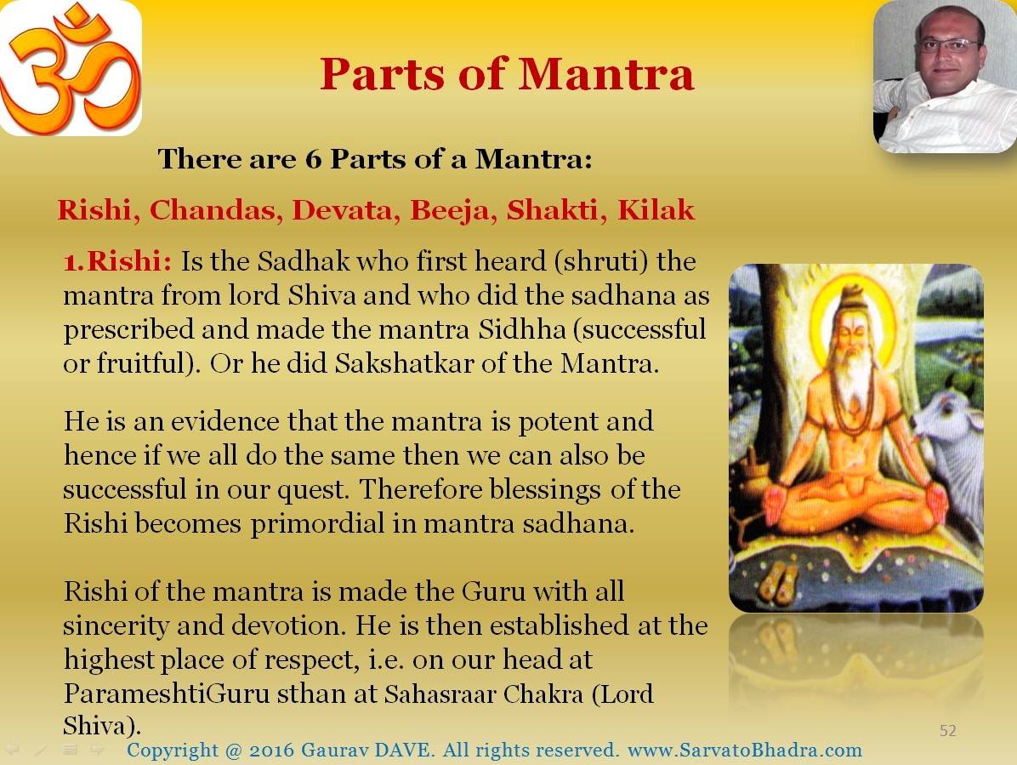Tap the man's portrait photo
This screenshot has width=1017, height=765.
[x=945, y=77]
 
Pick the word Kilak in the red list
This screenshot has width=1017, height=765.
[x=656, y=210]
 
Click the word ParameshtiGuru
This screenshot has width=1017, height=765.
[x=167, y=694]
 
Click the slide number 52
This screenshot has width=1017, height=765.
[x=947, y=731]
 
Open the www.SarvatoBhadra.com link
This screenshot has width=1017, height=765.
[x=745, y=750]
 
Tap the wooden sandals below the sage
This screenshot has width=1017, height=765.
[x=778, y=579]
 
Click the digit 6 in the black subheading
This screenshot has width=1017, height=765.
[x=313, y=160]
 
